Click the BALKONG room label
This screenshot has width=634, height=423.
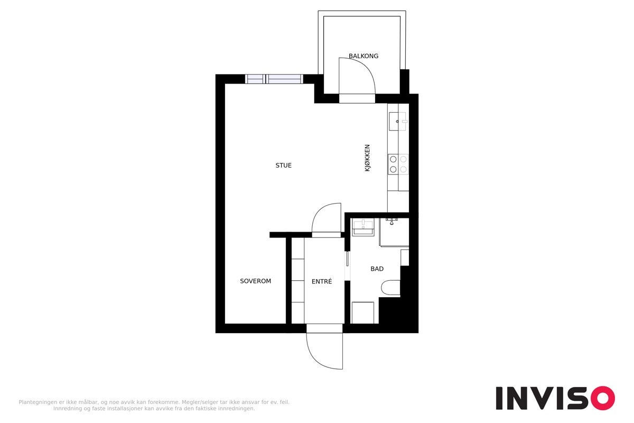pyautogui.click(x=363, y=56)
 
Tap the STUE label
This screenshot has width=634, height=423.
pyautogui.click(x=283, y=165)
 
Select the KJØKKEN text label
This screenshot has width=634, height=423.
pyautogui.click(x=367, y=158)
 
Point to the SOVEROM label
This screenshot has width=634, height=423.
pyautogui.click(x=255, y=281)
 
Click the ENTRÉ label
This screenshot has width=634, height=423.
pyautogui.click(x=322, y=281)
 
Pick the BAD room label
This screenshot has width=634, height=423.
pyautogui.click(x=377, y=269)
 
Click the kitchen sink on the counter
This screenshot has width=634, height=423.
pyautogui.click(x=397, y=121)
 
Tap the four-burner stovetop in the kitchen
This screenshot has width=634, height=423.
pyautogui.click(x=398, y=164)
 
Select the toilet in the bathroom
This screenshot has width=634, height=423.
pyautogui.click(x=390, y=288)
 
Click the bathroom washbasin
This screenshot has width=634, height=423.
pyautogui.click(x=363, y=227)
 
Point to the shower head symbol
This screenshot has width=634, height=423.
pyautogui.click(x=391, y=221)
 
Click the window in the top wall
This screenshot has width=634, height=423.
pyautogui.click(x=274, y=79)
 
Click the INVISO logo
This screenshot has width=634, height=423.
pyautogui.click(x=555, y=398)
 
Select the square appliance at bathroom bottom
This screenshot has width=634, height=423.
pyautogui.click(x=362, y=312)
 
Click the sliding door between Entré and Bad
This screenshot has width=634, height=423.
pyautogui.click(x=347, y=259)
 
